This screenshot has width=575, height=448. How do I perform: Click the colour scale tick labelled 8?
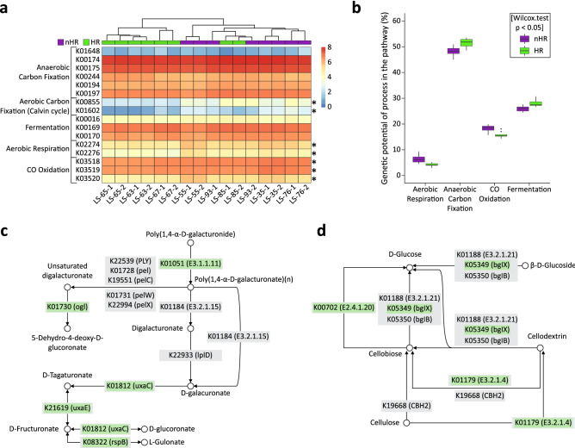[330, 40]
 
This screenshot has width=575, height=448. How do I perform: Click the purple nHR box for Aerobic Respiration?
[395, 159]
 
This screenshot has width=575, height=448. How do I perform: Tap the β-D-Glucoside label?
[542, 266]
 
